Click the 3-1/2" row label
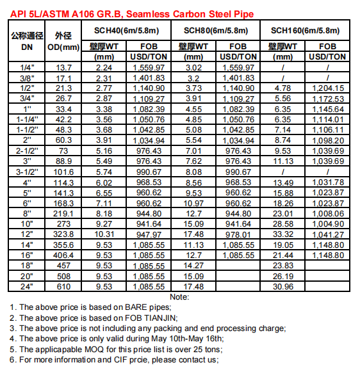click(27, 172)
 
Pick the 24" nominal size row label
click(27, 286)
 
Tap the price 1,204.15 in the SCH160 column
click(328, 88)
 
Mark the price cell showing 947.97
click(148, 234)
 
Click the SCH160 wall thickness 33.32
click(282, 234)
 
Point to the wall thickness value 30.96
click(282, 286)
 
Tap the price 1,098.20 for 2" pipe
click(328, 140)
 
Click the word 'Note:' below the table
click(179, 297)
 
